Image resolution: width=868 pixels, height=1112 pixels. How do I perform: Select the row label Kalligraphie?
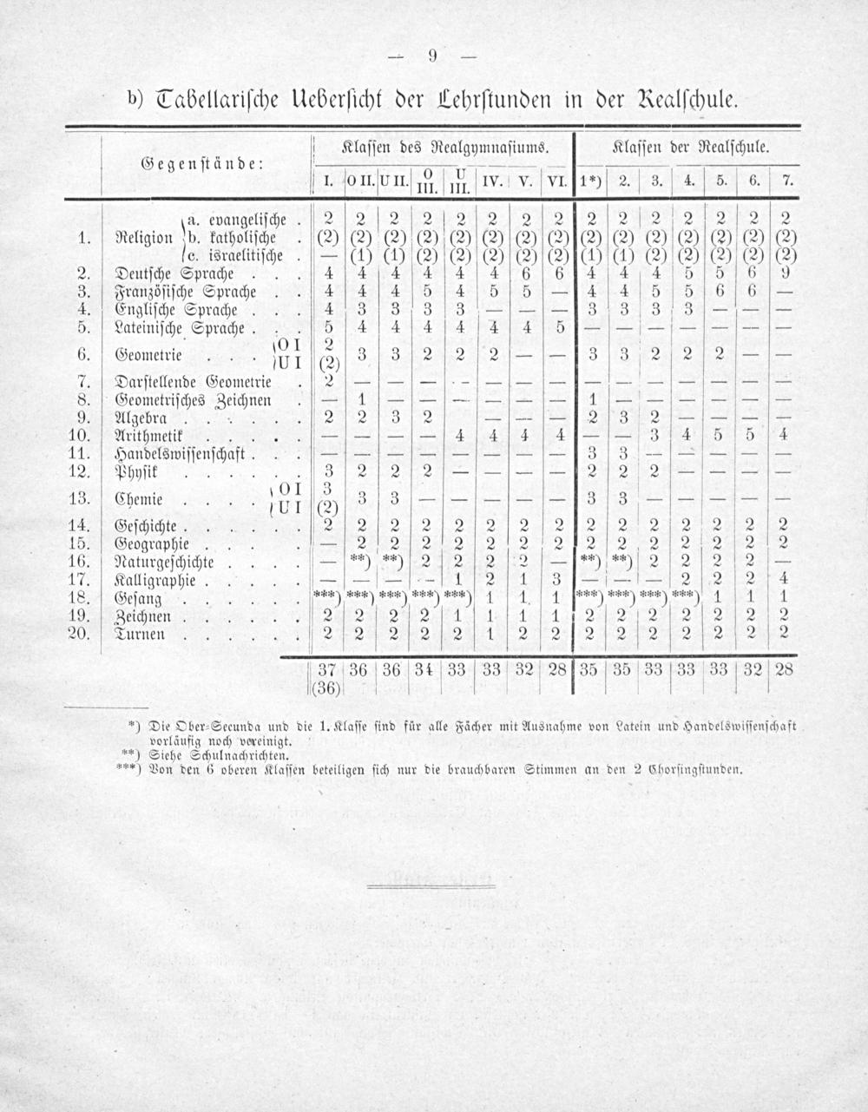[155, 580]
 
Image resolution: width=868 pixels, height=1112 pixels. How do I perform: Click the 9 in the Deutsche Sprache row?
[785, 273]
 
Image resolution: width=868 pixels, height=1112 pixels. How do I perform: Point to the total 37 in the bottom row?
[326, 670]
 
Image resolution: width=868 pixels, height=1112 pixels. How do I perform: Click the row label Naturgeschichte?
[168, 563]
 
